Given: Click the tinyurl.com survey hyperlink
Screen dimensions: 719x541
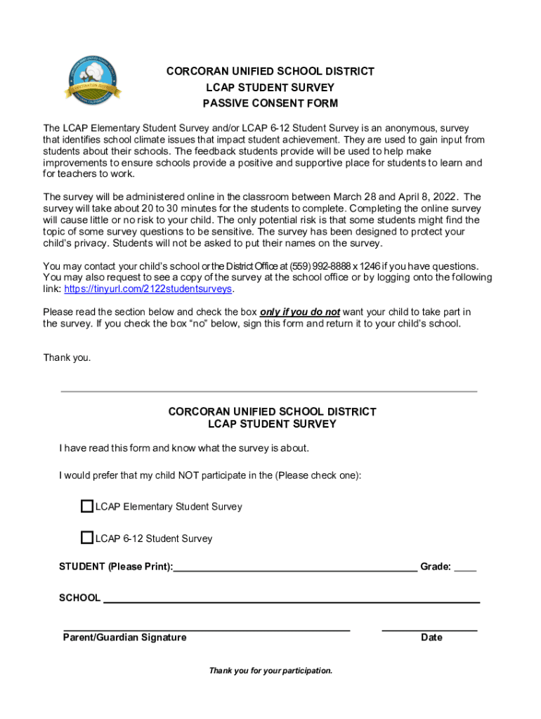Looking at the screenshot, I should [x=148, y=289].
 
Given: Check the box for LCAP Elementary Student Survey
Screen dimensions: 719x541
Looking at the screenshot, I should [x=87, y=506].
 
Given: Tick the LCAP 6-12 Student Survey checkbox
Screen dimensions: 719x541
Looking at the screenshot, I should [x=87, y=539].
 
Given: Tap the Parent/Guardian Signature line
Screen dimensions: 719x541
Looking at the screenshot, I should [x=207, y=628].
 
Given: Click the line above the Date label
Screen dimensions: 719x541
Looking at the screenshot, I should [x=429, y=628].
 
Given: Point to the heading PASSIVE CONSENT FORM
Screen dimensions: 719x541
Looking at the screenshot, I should [x=270, y=103].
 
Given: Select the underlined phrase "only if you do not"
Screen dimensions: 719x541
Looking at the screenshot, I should [x=300, y=312].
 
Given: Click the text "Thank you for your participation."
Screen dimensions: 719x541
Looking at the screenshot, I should [x=270, y=671].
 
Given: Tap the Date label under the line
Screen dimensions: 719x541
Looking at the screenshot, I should [x=431, y=638].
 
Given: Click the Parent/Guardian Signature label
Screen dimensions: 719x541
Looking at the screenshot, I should [x=125, y=638].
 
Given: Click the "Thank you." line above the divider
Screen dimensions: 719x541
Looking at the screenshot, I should [x=67, y=357].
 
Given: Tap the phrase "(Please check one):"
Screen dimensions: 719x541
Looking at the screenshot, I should [x=318, y=475].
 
